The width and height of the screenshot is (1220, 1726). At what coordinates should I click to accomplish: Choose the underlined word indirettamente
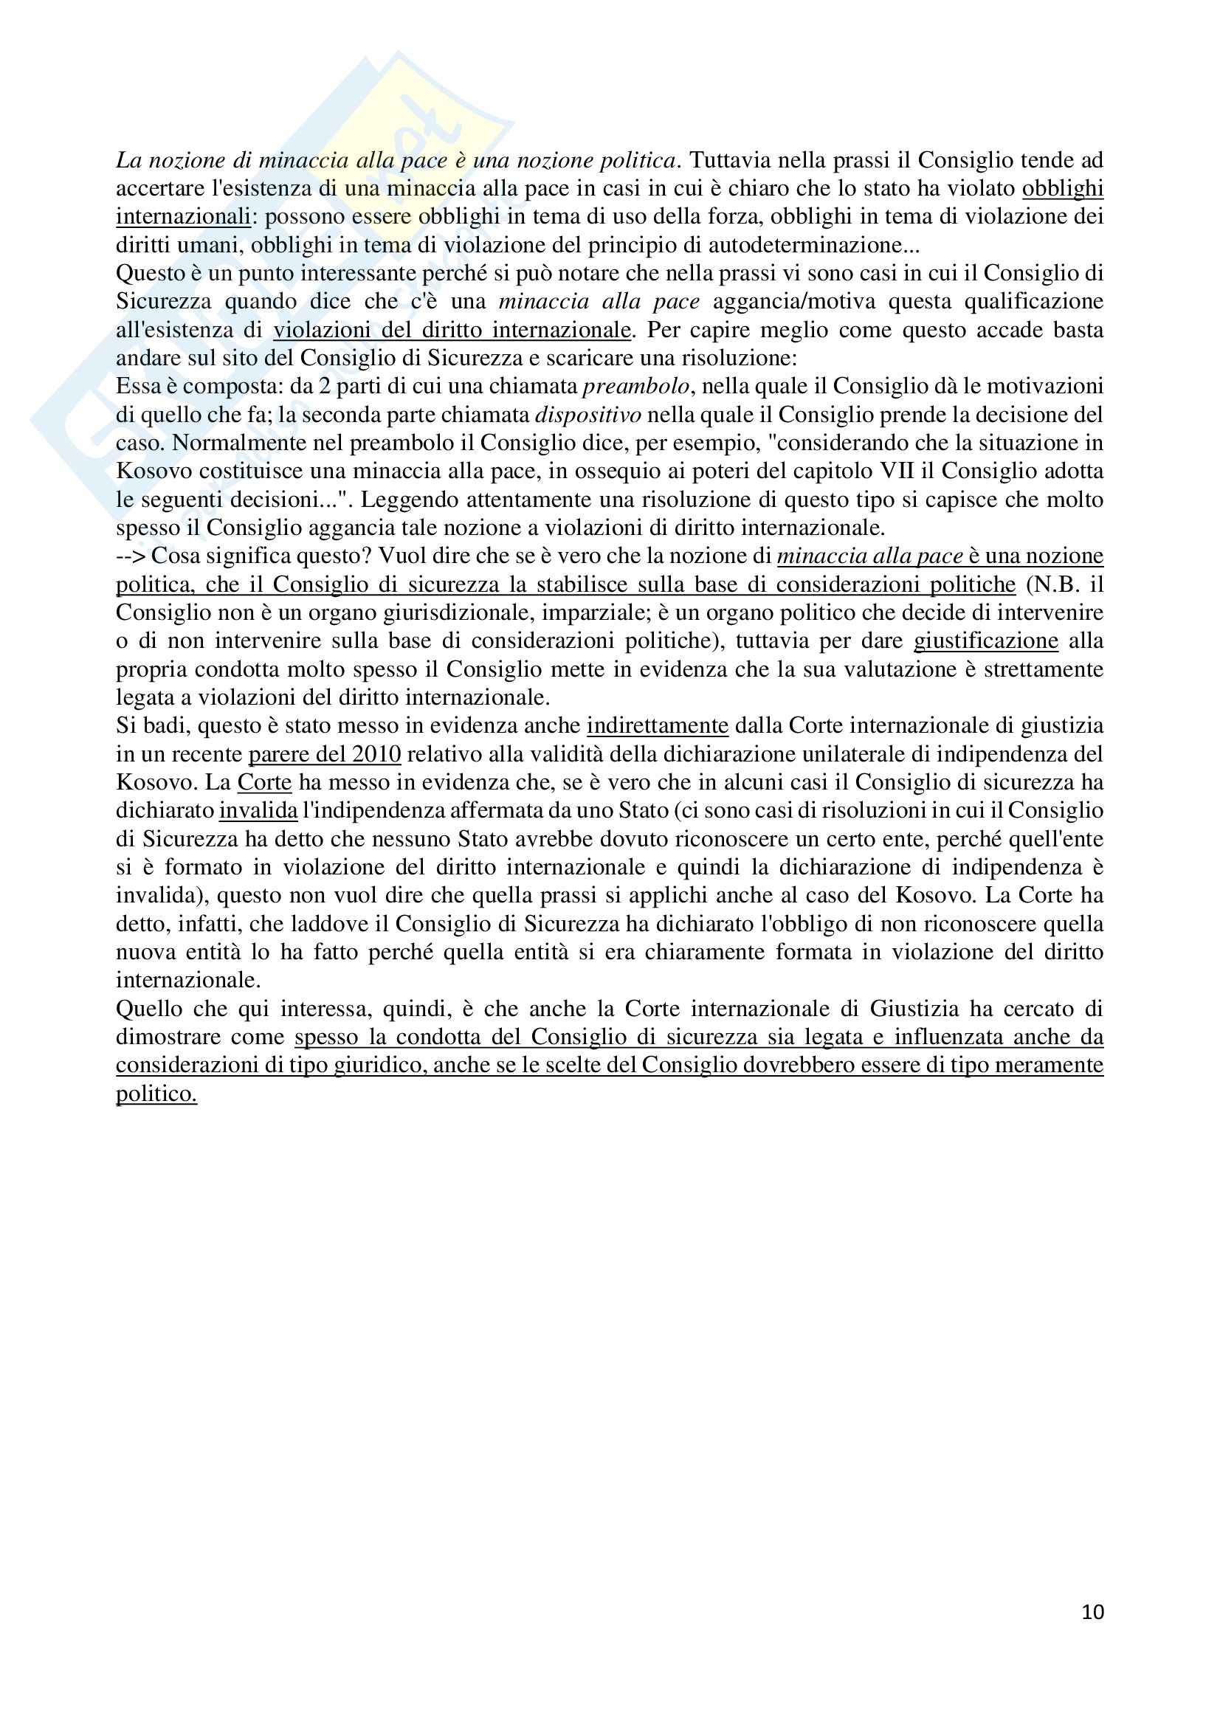[658, 726]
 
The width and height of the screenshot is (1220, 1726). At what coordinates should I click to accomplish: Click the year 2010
[374, 754]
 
